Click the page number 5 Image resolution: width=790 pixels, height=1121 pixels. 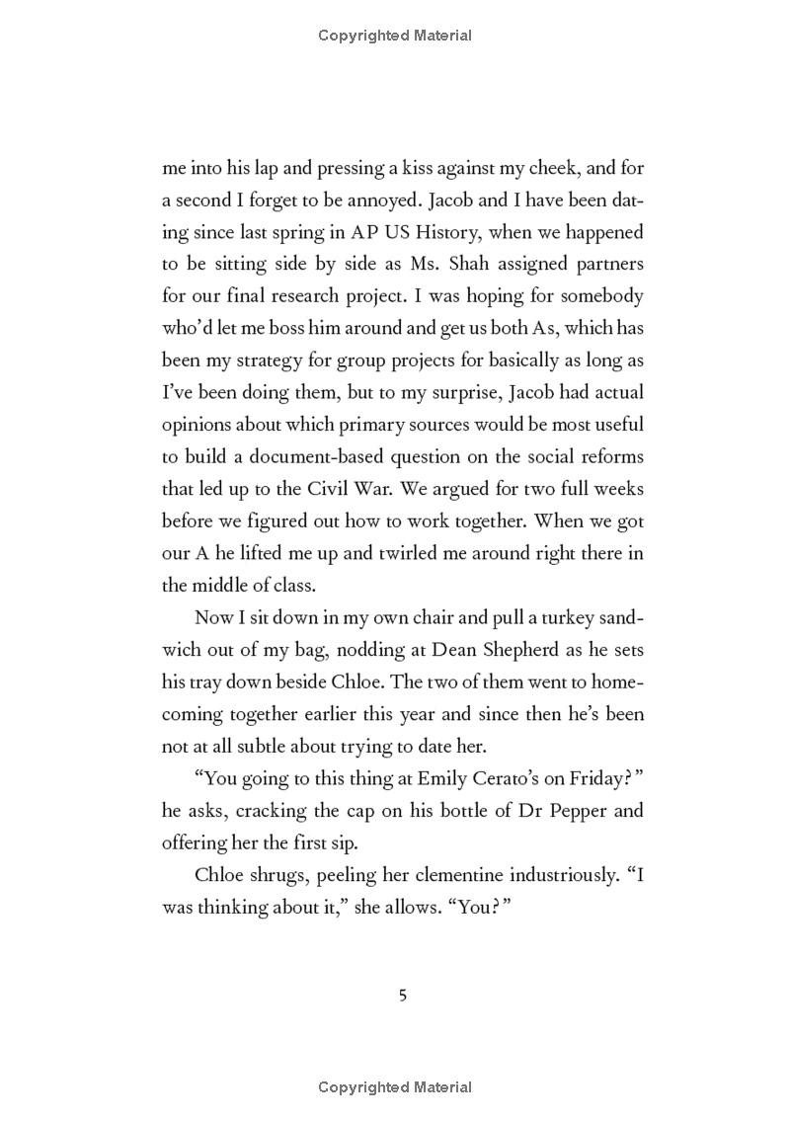[402, 995]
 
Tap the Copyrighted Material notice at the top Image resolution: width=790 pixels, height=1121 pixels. [395, 36]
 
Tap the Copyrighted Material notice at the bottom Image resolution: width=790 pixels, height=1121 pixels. [395, 1087]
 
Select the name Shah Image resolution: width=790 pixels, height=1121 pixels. [429, 264]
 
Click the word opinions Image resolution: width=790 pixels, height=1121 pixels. [198, 425]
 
